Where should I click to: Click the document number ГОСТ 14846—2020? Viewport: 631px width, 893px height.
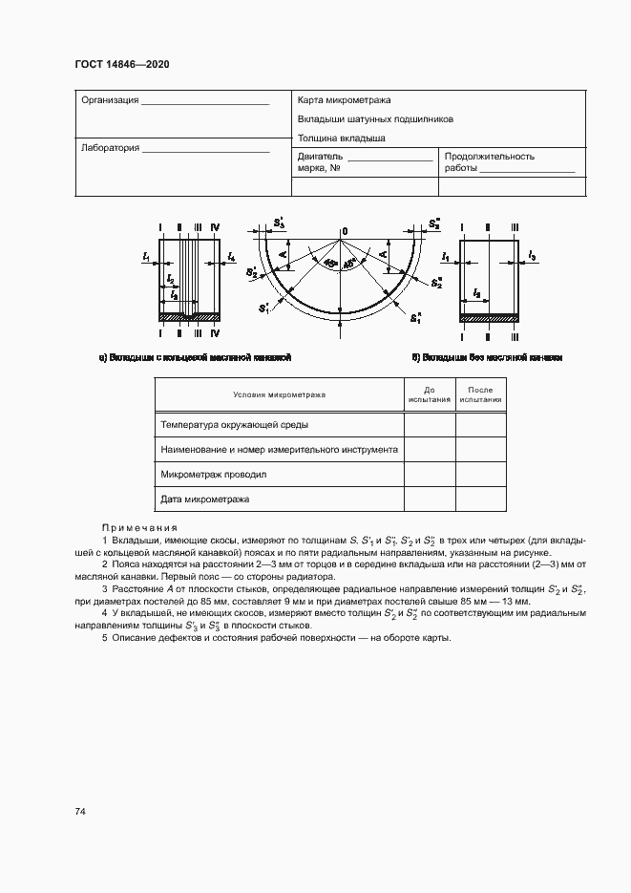pos(121,66)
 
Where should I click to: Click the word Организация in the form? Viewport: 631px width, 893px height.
pos(111,100)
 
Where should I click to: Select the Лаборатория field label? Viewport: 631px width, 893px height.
pos(111,148)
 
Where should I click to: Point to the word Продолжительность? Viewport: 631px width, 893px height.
pos(490,156)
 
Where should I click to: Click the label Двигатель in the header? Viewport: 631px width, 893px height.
pos(320,156)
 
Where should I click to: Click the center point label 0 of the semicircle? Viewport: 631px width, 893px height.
pos(345,231)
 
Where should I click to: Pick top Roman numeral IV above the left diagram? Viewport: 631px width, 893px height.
pos(215,227)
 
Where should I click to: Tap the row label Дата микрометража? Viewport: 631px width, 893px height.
pos(205,500)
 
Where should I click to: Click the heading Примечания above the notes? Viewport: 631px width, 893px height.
pos(139,527)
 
